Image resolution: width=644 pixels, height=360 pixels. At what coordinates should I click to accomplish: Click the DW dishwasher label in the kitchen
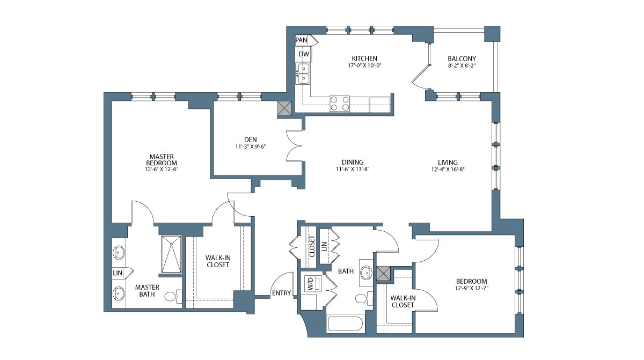tap(304, 54)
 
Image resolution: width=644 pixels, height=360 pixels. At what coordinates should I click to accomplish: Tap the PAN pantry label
tap(301, 40)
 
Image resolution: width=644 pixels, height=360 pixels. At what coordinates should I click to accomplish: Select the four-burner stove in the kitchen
tap(340, 104)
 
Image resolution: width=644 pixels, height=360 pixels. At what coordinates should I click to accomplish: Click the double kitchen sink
tap(304, 74)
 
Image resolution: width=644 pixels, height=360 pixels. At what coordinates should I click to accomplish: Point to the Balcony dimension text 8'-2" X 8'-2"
tap(462, 65)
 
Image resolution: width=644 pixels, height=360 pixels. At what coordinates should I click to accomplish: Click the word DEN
tap(251, 140)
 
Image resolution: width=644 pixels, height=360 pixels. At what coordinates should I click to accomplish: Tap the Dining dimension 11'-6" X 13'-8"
tap(353, 169)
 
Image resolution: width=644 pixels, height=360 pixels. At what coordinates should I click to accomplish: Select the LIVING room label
tap(448, 163)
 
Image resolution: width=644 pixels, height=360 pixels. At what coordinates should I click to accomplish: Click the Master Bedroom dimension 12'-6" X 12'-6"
tap(162, 169)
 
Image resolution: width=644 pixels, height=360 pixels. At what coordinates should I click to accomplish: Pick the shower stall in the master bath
tap(171, 254)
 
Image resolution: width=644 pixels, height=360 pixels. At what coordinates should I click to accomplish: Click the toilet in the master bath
tap(173, 297)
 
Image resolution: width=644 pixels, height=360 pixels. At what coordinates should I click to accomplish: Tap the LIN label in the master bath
tap(118, 273)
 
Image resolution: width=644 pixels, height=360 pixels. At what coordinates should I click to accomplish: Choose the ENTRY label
tap(281, 293)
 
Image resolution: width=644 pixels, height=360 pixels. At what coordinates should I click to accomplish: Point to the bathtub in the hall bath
tap(345, 324)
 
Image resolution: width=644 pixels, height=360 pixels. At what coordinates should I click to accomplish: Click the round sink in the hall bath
tap(366, 273)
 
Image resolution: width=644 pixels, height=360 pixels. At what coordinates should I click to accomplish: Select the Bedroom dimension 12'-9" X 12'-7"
tap(472, 288)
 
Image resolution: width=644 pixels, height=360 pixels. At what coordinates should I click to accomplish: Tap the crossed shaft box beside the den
tap(284, 108)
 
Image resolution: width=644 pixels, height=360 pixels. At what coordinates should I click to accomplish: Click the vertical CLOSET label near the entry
tap(312, 247)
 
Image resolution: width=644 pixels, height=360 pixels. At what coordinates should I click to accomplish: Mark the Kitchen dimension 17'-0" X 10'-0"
tap(364, 65)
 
